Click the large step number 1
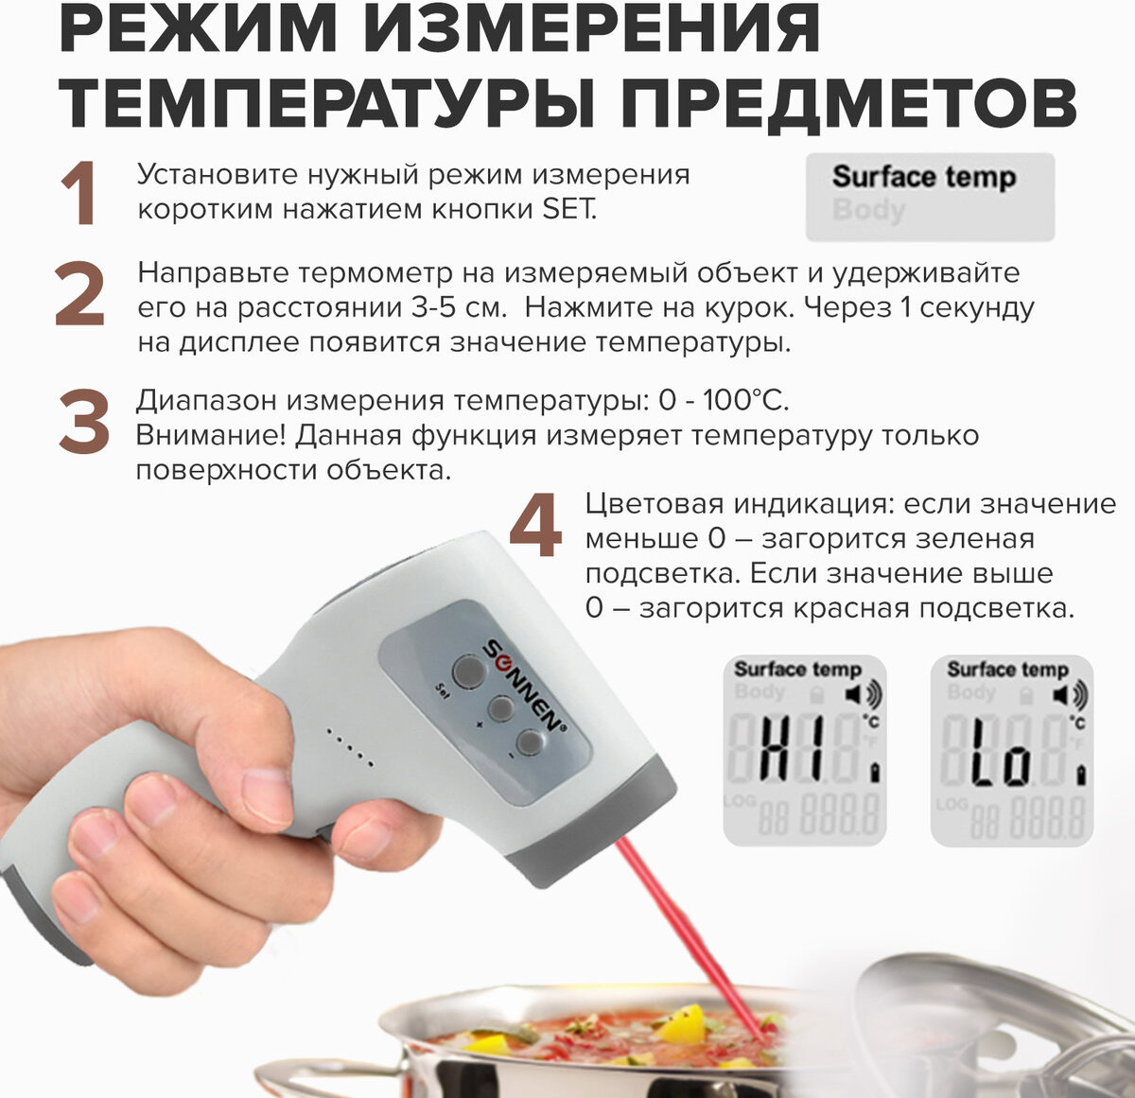(79, 193)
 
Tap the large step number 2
(79, 293)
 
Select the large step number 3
(84, 421)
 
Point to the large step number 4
(535, 525)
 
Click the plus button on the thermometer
(500, 709)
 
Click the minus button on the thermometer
(532, 742)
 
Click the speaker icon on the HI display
(864, 695)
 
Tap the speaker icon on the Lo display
(1071, 695)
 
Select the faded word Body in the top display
(868, 210)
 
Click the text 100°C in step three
(745, 400)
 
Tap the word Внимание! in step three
(211, 435)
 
